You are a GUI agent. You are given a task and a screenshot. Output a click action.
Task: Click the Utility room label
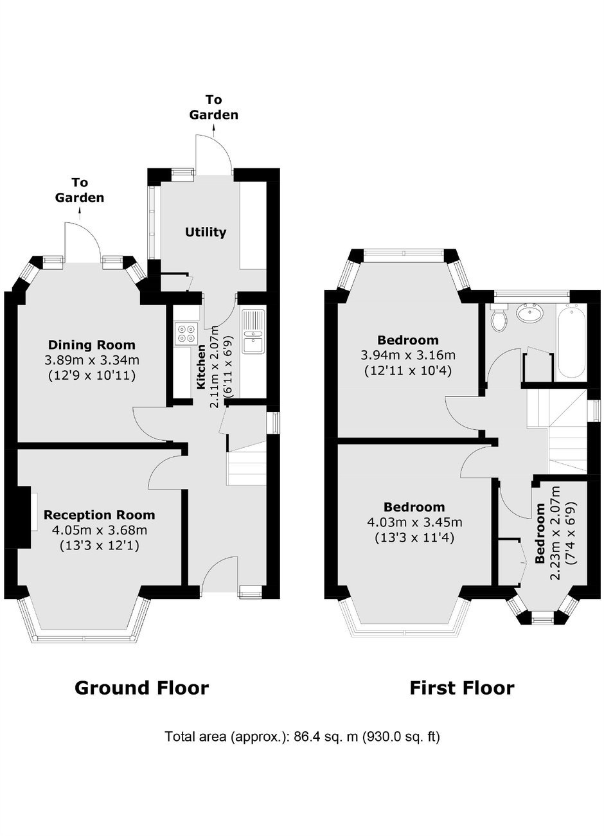[x=206, y=232]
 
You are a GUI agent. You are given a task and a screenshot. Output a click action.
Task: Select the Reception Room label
[x=99, y=515]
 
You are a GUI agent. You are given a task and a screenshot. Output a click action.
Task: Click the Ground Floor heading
[x=141, y=688]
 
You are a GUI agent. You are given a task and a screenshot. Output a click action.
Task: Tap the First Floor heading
[x=462, y=688]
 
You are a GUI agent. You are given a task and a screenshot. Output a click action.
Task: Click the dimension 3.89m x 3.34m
[x=92, y=360]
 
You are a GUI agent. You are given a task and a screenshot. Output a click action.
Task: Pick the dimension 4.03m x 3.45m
[x=414, y=522]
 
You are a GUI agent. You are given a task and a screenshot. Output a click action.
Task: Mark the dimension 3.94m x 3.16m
[x=408, y=355]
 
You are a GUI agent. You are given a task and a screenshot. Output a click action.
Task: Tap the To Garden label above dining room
[x=79, y=190]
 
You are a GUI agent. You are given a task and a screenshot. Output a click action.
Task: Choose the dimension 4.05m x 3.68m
[x=100, y=530]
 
